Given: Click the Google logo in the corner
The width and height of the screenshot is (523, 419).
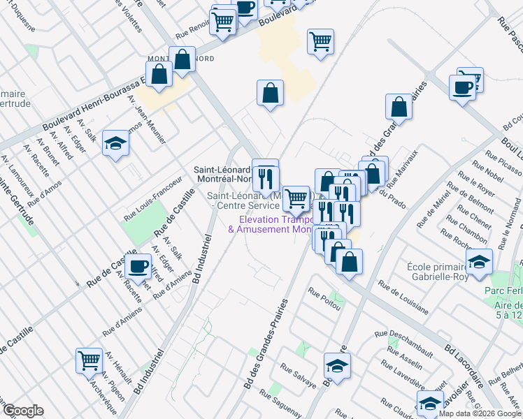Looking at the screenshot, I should point(23,411).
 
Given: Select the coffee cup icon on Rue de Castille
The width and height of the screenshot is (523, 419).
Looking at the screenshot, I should point(138,265).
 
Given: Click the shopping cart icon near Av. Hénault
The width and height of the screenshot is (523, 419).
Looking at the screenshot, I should point(89,360).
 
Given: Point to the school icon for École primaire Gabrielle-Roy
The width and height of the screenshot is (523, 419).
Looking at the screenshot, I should point(479,262).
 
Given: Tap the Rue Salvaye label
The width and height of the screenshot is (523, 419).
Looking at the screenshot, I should point(298,375).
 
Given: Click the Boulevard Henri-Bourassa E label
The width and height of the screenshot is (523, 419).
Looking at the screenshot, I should point(92,107).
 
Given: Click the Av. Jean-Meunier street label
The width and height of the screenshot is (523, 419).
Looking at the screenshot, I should point(147,119).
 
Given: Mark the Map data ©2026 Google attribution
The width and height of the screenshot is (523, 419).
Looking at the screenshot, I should point(480,413).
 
